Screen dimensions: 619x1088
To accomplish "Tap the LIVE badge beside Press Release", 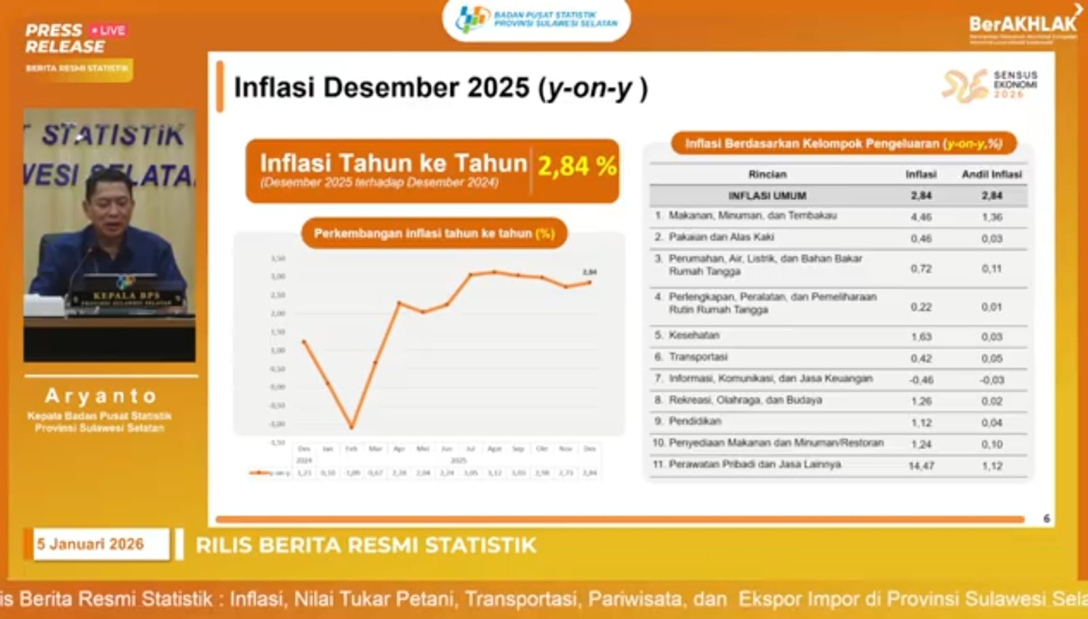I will pyautogui.click(x=109, y=31).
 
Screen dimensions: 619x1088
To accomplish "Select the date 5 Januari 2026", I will pyautogui.click(x=90, y=544).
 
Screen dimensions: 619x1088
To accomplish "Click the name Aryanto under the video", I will pyautogui.click(x=101, y=396).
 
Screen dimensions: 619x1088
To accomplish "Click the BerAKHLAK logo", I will pyautogui.click(x=1023, y=25).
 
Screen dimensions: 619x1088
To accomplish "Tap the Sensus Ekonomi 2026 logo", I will pyautogui.click(x=990, y=86).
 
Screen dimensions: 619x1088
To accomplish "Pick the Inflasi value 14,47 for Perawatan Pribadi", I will pyautogui.click(x=921, y=466).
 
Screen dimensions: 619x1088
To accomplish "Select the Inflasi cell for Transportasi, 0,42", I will pyautogui.click(x=921, y=358).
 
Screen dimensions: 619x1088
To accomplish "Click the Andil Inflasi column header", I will pyautogui.click(x=991, y=175).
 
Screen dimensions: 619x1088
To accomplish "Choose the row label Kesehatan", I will pyautogui.click(x=694, y=335).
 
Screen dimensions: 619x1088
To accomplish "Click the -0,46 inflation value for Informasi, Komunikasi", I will pyautogui.click(x=921, y=380).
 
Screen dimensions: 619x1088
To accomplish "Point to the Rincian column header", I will pyautogui.click(x=767, y=175).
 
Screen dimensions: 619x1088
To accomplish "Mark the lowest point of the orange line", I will pyautogui.click(x=352, y=427).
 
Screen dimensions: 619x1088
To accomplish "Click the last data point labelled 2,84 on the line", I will pyautogui.click(x=590, y=282).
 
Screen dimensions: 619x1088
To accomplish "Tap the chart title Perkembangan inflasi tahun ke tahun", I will pyautogui.click(x=434, y=233).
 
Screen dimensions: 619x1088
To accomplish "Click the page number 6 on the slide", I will pyautogui.click(x=1047, y=519).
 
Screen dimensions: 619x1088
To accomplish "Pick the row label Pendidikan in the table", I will pyautogui.click(x=695, y=422).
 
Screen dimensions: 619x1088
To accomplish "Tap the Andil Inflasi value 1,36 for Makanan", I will pyautogui.click(x=991, y=217).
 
